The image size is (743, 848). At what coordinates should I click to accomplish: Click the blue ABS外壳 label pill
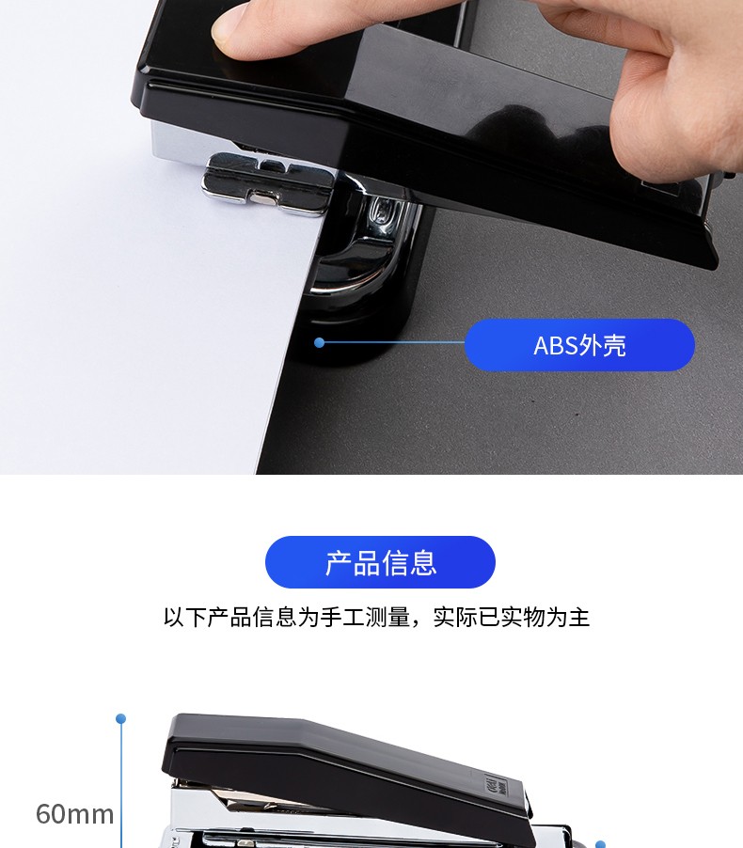pos(579,345)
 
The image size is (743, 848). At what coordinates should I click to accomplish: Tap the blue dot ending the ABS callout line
pos(319,342)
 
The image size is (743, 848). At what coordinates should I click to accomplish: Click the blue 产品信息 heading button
pos(380,562)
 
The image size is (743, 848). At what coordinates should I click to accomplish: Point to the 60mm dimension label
pos(74,814)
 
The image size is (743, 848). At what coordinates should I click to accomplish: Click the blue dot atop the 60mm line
pos(121,718)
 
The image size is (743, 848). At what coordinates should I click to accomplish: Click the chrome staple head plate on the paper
pos(268,182)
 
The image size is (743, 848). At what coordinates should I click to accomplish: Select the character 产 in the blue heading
pos(339,562)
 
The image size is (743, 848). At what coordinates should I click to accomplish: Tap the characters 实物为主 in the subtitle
pos(545,617)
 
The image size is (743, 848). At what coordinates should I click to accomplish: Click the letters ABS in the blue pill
pos(556,346)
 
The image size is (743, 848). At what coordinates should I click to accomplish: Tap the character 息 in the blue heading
pos(422,562)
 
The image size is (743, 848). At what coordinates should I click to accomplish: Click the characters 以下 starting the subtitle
pos(185,617)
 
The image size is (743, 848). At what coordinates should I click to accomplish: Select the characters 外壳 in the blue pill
pos(602,346)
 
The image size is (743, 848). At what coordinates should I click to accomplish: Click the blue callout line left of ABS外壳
pos(392,342)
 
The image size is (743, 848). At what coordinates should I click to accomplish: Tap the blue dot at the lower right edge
pos(600,845)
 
